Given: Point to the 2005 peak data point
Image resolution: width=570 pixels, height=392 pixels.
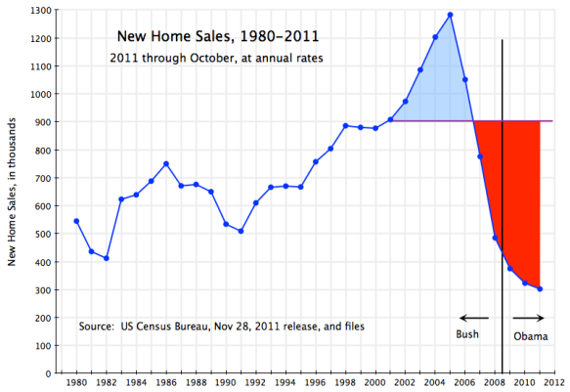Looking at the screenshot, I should [450, 15].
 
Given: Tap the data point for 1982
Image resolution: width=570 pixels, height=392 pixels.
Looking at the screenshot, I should [106, 258].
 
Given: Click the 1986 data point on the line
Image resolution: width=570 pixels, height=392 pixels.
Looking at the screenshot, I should [166, 163].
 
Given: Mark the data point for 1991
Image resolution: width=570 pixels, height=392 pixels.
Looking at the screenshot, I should [241, 231].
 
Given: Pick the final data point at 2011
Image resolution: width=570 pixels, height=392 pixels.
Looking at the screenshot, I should [540, 288].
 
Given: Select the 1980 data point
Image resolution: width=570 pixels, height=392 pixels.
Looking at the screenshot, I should [76, 221].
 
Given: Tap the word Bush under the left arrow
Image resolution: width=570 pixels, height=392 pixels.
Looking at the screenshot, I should [469, 335].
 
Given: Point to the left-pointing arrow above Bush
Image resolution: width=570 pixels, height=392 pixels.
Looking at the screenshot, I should [474, 318].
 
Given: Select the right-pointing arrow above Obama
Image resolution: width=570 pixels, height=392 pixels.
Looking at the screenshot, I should [528, 318].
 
